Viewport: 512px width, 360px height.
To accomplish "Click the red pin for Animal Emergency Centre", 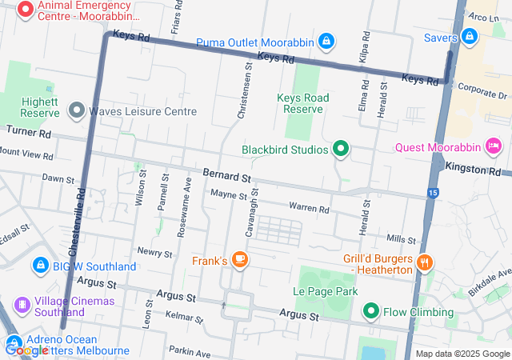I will pos(25,10).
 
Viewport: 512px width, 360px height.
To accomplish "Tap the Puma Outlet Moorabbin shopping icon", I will pos(326,40).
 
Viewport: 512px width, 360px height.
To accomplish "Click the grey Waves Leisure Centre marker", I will pos(78,110).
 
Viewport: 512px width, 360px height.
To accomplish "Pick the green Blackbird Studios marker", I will pos(341,149).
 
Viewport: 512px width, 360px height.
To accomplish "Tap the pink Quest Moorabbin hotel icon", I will pos(494,146).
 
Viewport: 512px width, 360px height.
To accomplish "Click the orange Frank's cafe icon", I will pos(240,260).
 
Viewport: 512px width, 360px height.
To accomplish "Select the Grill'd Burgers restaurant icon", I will pos(425,262).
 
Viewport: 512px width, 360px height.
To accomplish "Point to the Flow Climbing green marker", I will pos(371,311).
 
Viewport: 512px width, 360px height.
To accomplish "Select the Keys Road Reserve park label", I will pos(302,103).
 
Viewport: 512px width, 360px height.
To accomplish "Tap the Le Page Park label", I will pos(326,292).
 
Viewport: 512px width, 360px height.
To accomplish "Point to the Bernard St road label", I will pos(226,174).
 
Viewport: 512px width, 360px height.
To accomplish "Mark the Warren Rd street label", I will pos(309,209).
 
